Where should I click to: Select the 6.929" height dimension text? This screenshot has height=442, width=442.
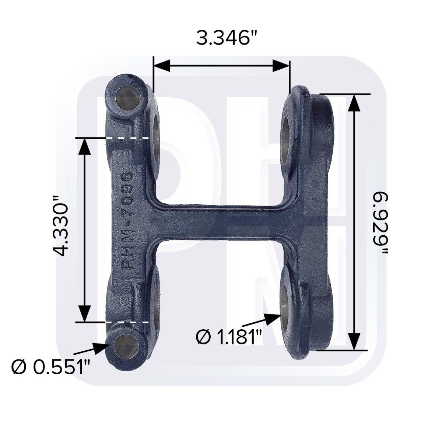tap(379, 224)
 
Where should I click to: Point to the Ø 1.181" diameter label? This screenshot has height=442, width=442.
tap(229, 337)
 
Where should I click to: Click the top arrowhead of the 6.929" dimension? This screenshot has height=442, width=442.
tap(354, 103)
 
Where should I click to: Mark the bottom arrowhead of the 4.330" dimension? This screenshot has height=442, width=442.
tap(85, 313)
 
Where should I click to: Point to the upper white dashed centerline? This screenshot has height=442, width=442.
tap(127, 138)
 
